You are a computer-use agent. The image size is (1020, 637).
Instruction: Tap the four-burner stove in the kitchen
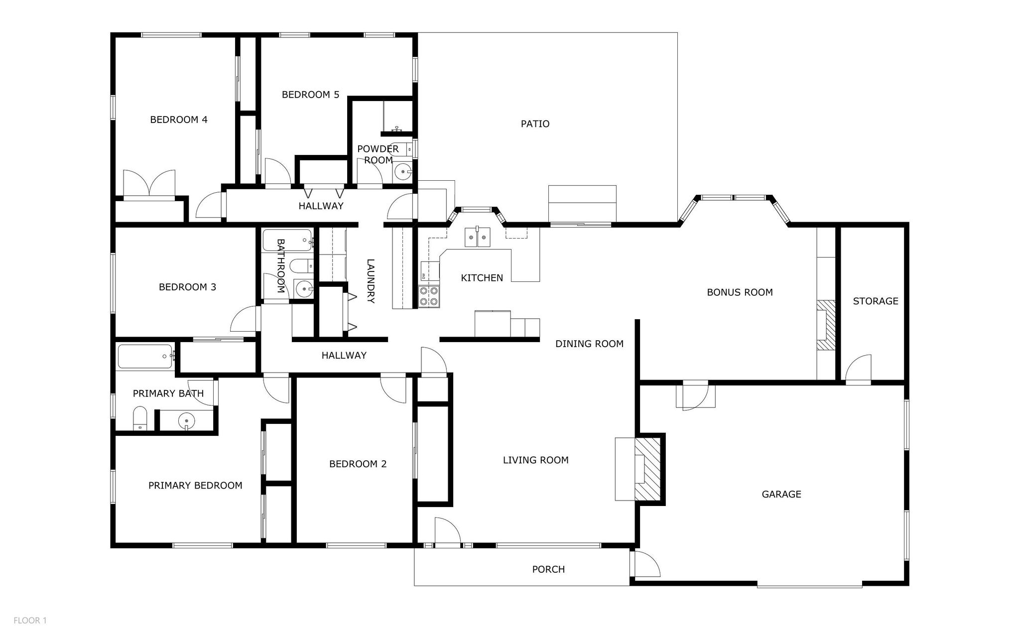point(429,296)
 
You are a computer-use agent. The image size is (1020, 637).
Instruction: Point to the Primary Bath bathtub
point(145,356)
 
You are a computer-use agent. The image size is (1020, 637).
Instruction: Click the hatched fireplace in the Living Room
point(647,469)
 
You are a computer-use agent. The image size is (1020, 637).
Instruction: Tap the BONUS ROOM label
point(740,292)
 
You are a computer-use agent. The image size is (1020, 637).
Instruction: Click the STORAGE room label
point(875,301)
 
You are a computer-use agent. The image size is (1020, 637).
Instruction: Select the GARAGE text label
point(781,494)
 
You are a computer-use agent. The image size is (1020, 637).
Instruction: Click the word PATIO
point(535,124)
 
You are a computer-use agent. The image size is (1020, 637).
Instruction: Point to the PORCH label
point(548,569)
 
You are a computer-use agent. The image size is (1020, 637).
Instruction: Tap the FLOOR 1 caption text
point(30,621)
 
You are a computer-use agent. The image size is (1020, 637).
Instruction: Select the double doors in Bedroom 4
point(149,184)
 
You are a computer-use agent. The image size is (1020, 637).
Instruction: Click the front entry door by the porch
point(447,532)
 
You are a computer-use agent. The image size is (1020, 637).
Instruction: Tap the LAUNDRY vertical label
point(371,281)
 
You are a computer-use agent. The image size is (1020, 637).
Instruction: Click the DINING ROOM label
point(589,344)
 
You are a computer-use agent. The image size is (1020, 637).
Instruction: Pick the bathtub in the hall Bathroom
point(287,241)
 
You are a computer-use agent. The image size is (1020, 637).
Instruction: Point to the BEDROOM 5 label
point(310,95)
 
